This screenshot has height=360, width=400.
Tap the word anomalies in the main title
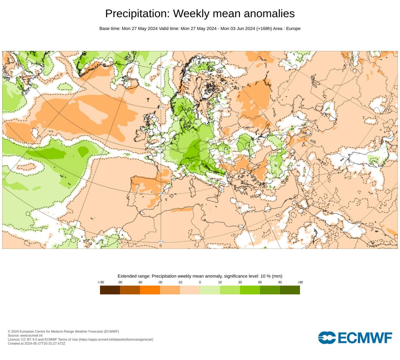click(269, 14)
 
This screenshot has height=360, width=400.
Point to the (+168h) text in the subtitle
click(264, 28)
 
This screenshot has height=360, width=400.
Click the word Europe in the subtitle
click(293, 28)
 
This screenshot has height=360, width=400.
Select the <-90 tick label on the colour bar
click(101, 282)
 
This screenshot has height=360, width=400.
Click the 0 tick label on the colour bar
click(200, 282)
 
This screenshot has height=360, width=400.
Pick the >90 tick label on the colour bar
click(300, 282)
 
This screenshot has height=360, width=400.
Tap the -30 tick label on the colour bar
click(160, 282)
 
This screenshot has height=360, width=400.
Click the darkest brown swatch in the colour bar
click(110, 290)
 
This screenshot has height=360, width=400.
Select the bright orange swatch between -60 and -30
click(150, 290)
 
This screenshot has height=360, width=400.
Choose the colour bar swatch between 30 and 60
click(250, 290)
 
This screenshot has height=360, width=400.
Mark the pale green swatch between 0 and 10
click(210, 290)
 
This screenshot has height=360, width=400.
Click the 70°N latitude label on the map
click(161, 67)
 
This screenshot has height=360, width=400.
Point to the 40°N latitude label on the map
click(161, 193)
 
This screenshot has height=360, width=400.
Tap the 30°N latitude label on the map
click(161, 242)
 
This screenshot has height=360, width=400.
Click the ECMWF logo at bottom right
click(355, 338)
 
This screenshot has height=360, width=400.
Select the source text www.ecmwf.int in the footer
click(31, 335)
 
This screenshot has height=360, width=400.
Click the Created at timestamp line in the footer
click(37, 343)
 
